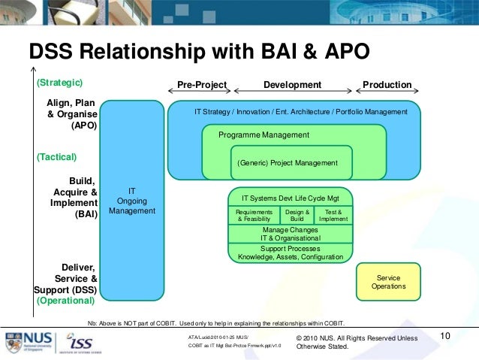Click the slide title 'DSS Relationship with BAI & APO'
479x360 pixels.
pyautogui.click(x=199, y=51)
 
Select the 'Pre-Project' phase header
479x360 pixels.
pyautogui.click(x=202, y=85)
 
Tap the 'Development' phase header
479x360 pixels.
pyautogui.click(x=292, y=85)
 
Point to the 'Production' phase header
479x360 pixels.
pyautogui.click(x=387, y=85)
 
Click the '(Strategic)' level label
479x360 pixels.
pyautogui.click(x=59, y=82)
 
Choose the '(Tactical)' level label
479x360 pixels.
pyautogui.click(x=57, y=157)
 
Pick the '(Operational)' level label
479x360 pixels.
pyautogui.click(x=65, y=300)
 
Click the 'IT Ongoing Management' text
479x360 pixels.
pyautogui.click(x=132, y=201)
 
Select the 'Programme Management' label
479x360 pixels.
pyautogui.click(x=264, y=135)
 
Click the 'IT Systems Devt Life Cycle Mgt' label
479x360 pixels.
pyautogui.click(x=290, y=198)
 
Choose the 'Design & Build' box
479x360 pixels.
pyautogui.click(x=297, y=215)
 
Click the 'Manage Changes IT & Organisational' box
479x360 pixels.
pyautogui.click(x=290, y=234)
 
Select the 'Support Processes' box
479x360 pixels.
pyautogui.click(x=290, y=253)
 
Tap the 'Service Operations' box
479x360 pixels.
pyautogui.click(x=388, y=282)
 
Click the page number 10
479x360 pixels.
pyautogui.click(x=444, y=336)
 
